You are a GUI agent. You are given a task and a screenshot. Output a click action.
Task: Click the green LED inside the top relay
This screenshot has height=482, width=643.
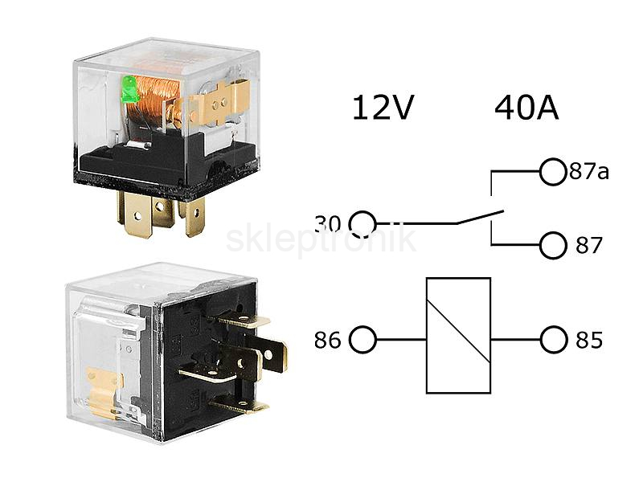131,89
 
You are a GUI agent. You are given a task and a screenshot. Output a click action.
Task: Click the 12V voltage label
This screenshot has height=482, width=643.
383,108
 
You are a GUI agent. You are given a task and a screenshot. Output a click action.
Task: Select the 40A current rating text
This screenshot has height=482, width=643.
526,108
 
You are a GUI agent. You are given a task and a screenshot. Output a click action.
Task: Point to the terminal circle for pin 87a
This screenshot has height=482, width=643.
553,172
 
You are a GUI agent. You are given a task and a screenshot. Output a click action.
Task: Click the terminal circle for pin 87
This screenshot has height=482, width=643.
553,246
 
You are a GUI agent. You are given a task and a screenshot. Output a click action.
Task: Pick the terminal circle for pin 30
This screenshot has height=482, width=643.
362,224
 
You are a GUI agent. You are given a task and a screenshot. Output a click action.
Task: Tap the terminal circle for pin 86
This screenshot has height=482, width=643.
362,340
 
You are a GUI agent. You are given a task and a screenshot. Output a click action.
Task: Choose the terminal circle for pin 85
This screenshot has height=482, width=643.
554,340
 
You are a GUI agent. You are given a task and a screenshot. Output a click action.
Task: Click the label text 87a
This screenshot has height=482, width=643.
589,171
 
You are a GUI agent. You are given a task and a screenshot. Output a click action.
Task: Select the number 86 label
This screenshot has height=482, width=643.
327,340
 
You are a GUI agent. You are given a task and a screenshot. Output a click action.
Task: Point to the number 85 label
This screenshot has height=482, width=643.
589,340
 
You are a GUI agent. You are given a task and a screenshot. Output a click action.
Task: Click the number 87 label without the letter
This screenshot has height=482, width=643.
589,245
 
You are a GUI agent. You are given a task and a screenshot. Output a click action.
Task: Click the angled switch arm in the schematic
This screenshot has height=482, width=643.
480,217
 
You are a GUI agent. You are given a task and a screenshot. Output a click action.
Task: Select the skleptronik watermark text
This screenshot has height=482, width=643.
321,239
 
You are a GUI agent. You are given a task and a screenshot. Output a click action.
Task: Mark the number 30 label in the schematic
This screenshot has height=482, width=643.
328,224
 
